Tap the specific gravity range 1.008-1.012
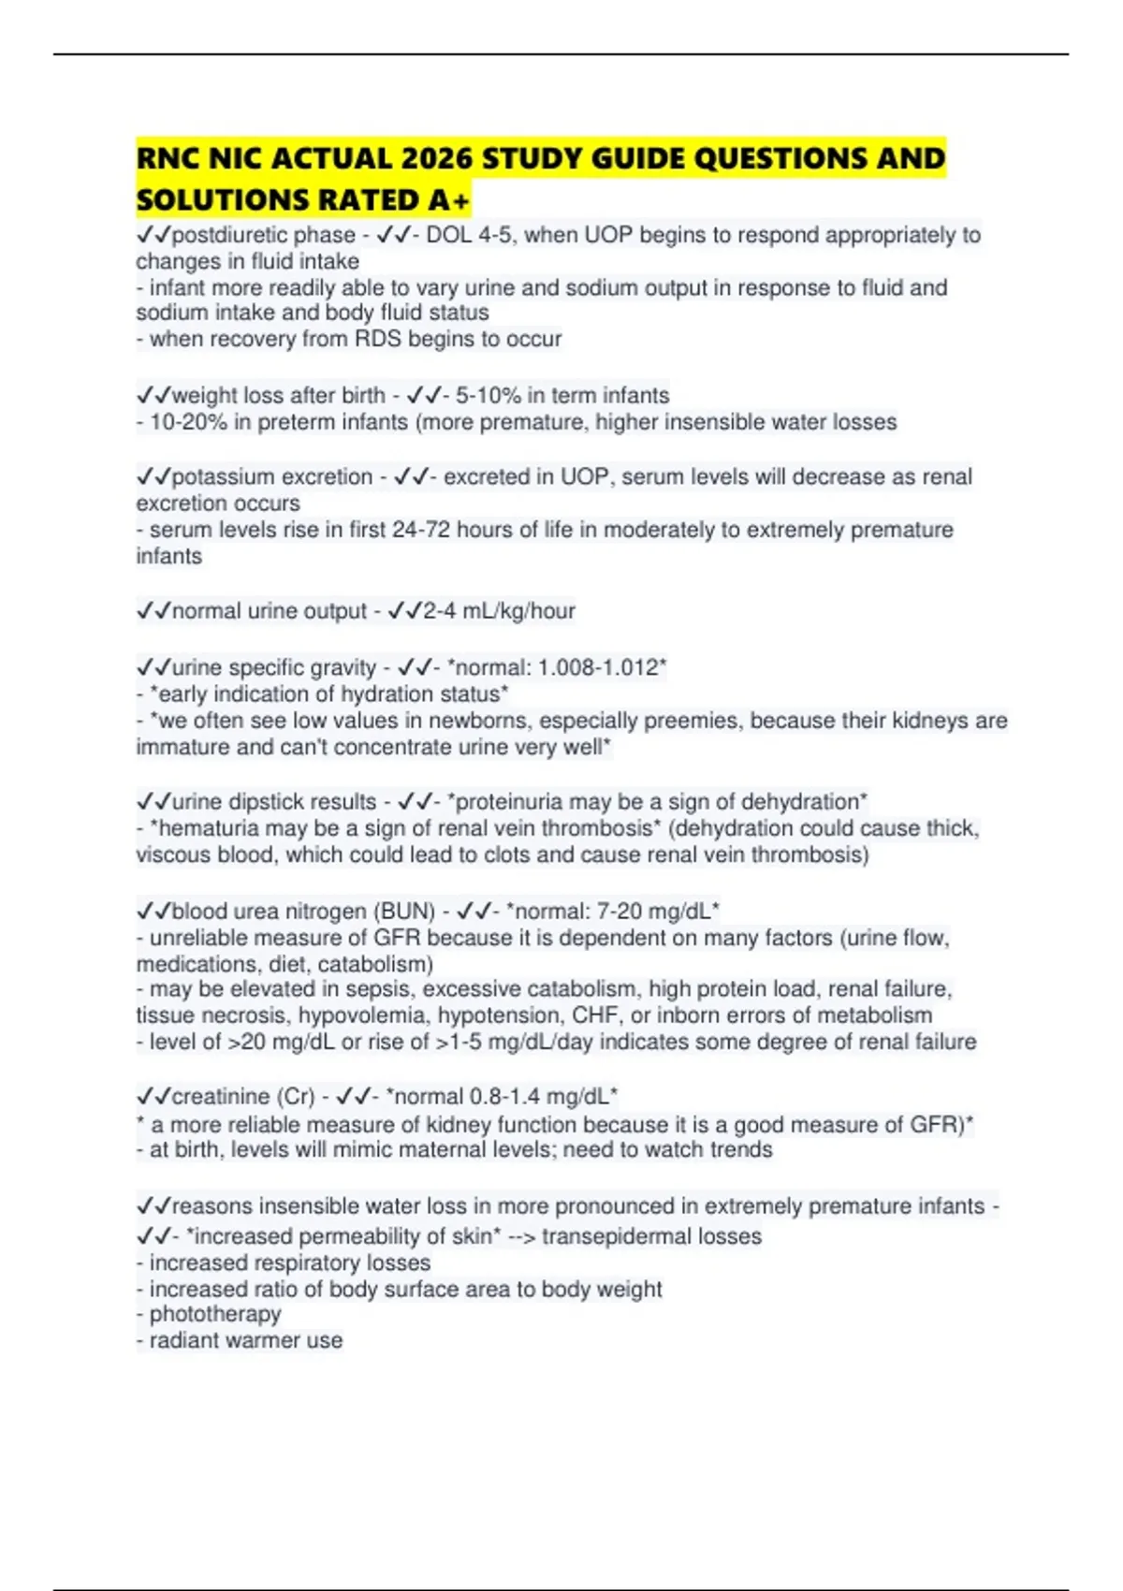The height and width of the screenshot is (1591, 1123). click(599, 668)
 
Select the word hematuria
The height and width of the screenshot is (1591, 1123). click(209, 828)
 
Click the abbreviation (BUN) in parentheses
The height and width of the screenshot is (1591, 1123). click(405, 912)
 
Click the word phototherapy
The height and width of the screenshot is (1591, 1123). click(215, 1314)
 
